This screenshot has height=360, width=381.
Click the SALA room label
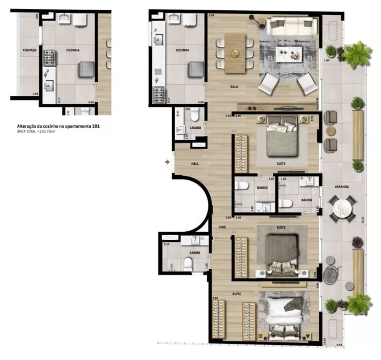[234, 87]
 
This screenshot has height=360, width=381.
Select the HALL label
[195, 164]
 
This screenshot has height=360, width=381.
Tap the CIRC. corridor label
[223, 227]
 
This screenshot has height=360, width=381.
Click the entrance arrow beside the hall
[167, 162]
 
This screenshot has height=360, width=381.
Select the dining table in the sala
[235, 53]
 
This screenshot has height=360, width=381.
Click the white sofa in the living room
[292, 26]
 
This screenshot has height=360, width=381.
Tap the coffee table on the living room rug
[288, 53]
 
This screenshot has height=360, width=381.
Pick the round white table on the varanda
[342, 208]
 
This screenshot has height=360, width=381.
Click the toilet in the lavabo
[195, 115]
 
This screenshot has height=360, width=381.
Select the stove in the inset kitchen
[50, 58]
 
